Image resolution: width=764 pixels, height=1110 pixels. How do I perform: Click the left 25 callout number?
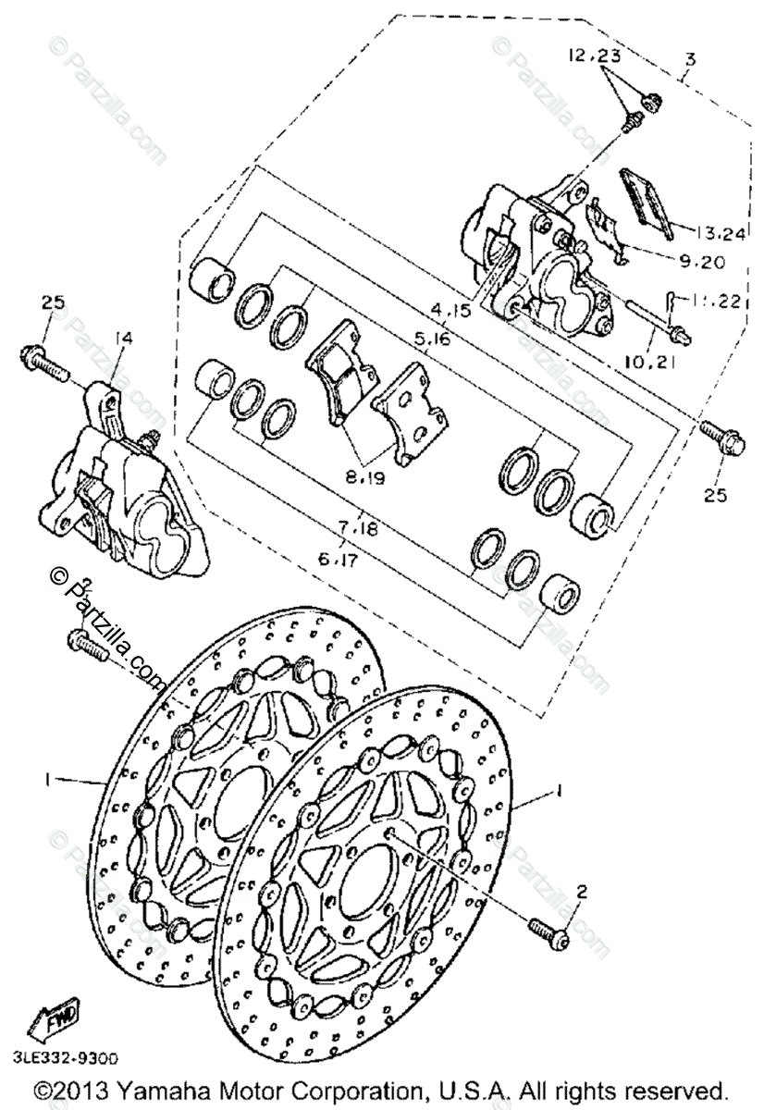click(x=53, y=302)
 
